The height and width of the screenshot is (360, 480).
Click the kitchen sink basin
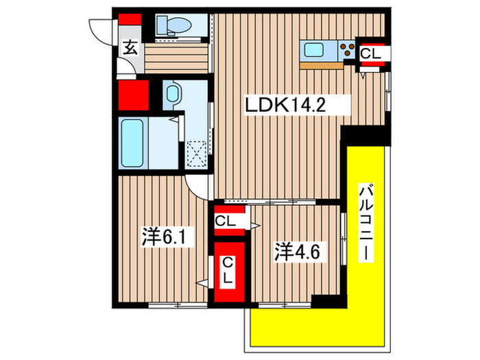coord(317,49)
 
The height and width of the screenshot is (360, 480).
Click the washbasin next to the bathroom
coord(172,94)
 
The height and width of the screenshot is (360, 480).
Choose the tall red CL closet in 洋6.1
coord(228,270)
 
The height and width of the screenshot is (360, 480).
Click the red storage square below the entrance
coord(132,95)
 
